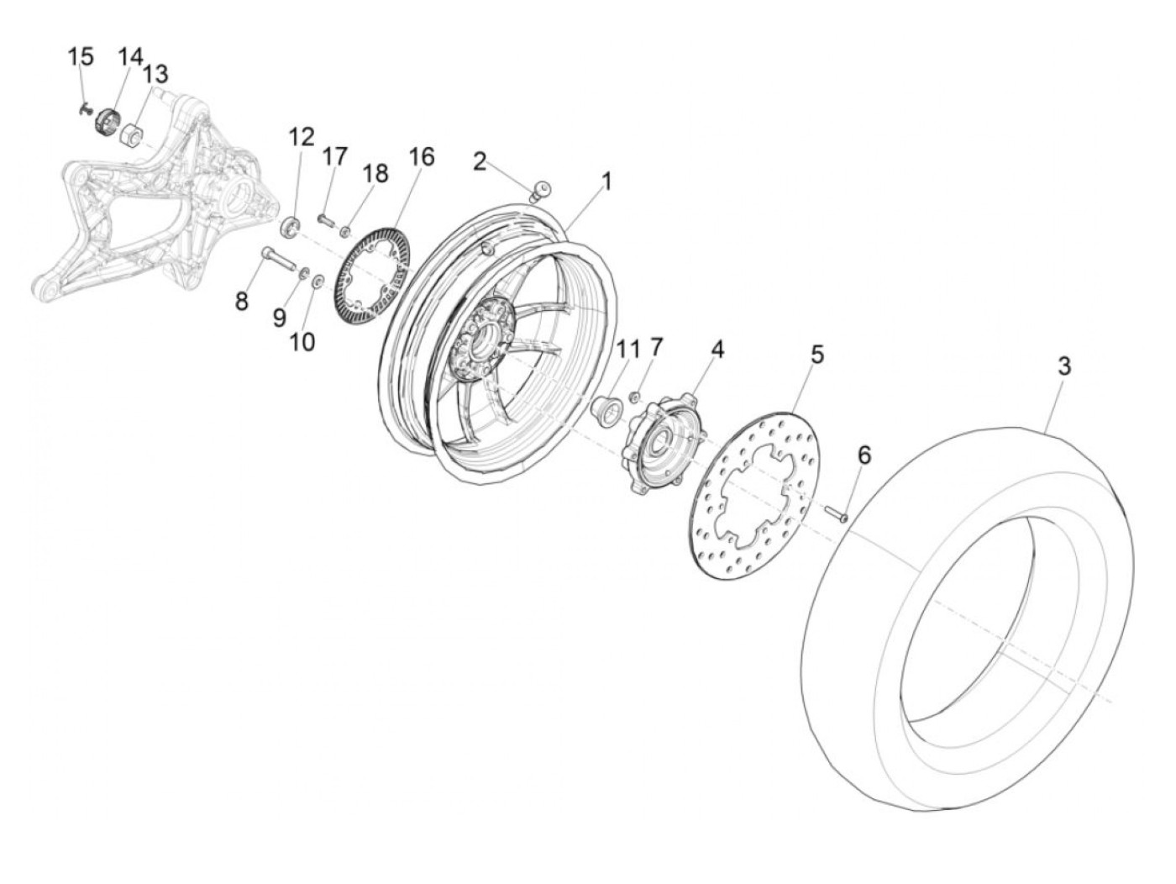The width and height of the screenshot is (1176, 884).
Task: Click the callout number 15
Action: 81,58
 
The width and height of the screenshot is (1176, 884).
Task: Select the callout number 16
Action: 422,157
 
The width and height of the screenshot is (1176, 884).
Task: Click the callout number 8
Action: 242,301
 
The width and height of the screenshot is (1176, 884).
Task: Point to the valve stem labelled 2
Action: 539,189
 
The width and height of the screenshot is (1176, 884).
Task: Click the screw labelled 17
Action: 326,218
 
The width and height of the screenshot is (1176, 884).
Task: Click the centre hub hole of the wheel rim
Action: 486,343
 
